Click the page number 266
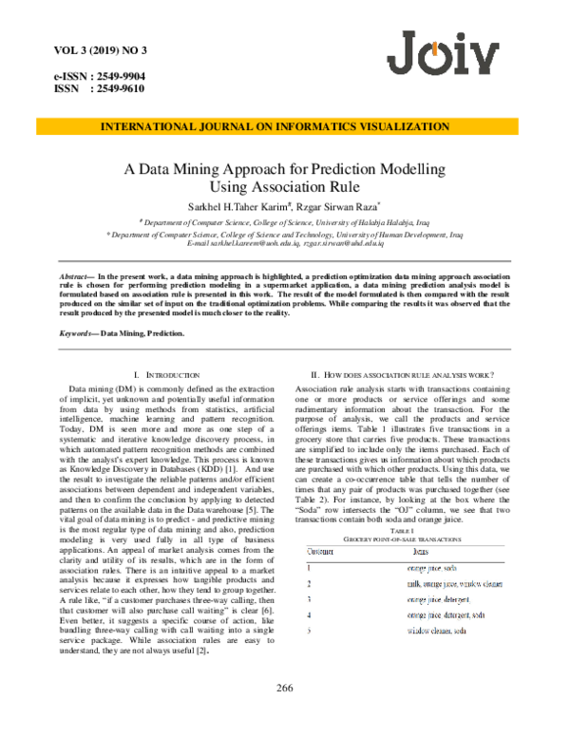(285, 713)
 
